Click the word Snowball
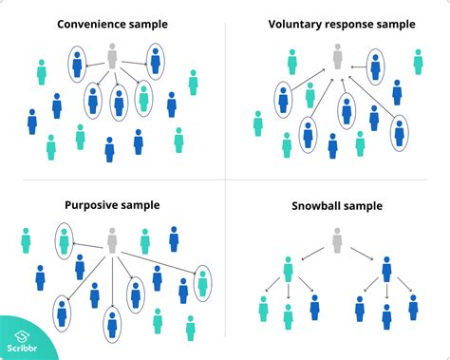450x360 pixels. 313,204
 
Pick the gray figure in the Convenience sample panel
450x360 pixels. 113,57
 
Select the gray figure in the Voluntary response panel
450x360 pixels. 336,57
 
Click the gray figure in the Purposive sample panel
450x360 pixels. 112,239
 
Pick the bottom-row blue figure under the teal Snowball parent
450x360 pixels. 313,309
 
